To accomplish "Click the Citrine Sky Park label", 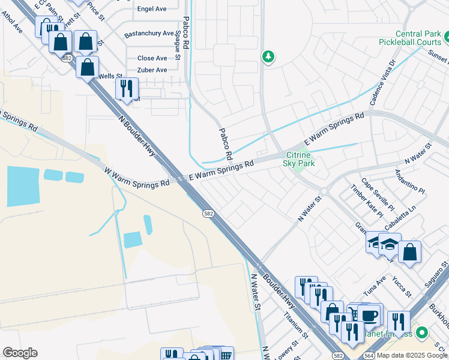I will tap(298, 158).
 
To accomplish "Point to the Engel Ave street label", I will tap(152, 9).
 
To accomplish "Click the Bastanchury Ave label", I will tap(149, 34).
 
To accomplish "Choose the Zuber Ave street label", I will tap(152, 70).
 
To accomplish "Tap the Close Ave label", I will tap(152, 58).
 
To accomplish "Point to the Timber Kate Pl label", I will tap(367, 206).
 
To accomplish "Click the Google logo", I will tap(20, 353).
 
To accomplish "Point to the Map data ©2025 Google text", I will tap(412, 356).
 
